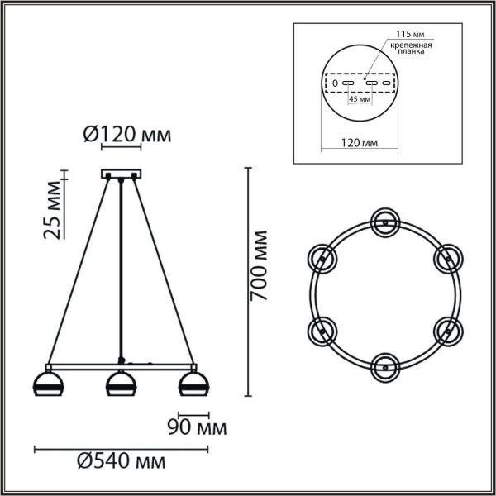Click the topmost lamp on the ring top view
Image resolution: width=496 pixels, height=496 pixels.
click(x=384, y=221)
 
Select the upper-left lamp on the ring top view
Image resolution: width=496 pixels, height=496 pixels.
click(x=322, y=258)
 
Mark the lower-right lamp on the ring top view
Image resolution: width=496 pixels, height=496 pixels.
click(x=447, y=330)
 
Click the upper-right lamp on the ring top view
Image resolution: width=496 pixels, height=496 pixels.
click(x=447, y=258)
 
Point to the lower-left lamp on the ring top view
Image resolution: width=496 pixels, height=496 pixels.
click(x=322, y=330)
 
